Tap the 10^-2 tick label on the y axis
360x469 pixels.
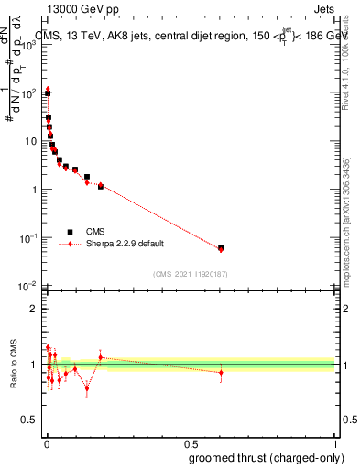(x=29, y=286)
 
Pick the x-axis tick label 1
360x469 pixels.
(x=336, y=443)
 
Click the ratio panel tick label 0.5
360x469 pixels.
(x=29, y=420)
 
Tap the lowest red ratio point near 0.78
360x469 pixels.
(x=87, y=388)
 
